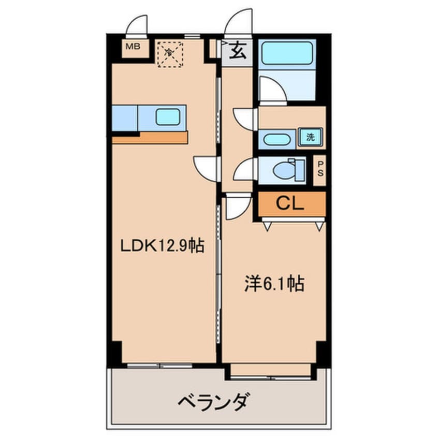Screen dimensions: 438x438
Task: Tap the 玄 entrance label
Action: (238, 52)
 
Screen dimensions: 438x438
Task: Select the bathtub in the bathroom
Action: (287, 53)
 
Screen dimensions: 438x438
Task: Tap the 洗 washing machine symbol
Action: (310, 138)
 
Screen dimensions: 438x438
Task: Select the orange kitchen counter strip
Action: (150, 138)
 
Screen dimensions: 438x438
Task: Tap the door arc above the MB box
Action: (138, 26)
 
